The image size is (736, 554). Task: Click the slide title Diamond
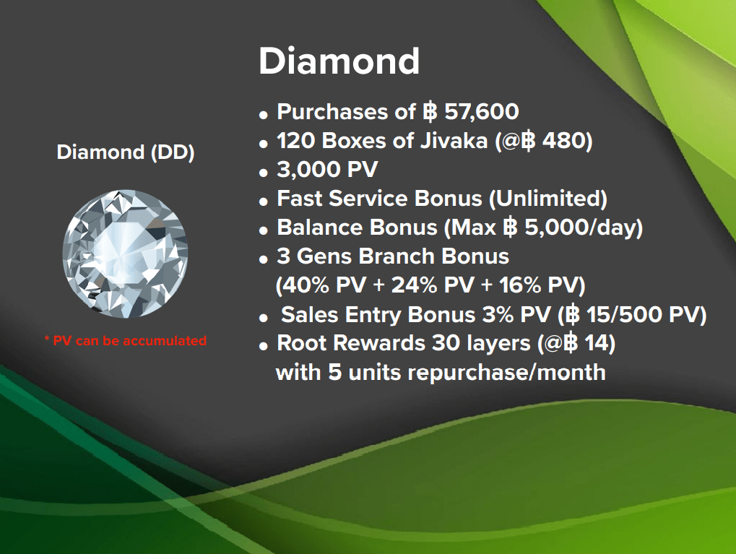click(339, 61)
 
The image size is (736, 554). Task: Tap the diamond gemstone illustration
click(126, 254)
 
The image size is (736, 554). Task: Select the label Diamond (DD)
click(126, 152)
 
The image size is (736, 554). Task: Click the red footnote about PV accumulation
click(126, 340)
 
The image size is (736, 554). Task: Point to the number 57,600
click(482, 112)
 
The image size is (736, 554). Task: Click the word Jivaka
click(454, 140)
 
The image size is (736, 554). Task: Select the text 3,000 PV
click(327, 170)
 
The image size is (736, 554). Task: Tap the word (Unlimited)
click(548, 199)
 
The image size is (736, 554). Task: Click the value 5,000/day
click(584, 228)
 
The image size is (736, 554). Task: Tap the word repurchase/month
click(506, 373)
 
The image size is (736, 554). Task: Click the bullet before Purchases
click(264, 114)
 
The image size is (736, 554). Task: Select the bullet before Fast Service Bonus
click(264, 201)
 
